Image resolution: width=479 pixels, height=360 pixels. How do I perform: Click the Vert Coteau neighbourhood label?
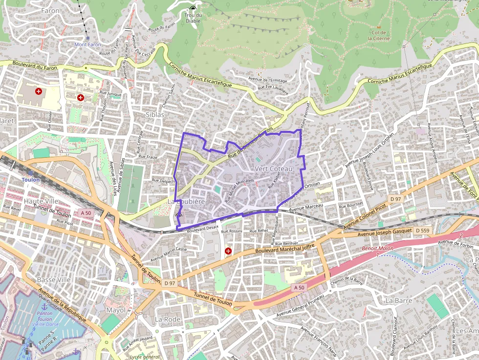click(273, 169)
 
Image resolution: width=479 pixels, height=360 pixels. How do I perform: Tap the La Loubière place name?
click(186, 201)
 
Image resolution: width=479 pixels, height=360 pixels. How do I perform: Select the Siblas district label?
click(154, 114)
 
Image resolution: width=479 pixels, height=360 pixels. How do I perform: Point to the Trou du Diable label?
click(193, 18)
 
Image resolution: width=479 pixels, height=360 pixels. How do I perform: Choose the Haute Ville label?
click(41, 201)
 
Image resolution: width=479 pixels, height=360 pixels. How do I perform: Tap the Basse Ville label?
click(54, 280)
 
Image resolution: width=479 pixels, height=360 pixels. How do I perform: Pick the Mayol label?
click(116, 310)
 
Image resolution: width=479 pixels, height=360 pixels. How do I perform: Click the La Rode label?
click(168, 319)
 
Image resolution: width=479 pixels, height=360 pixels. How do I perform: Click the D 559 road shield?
click(423, 230)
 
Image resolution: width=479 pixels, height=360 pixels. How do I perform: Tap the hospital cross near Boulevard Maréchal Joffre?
click(228, 251)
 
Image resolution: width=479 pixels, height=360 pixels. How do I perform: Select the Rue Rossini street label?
click(232, 231)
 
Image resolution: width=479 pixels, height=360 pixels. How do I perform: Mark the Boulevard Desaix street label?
click(201, 228)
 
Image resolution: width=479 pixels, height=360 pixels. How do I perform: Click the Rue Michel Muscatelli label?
click(239, 191)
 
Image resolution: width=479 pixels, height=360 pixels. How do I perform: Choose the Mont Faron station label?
click(87, 44)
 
